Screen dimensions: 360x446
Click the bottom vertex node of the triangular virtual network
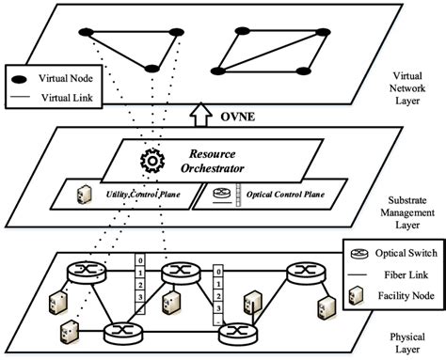(x=150, y=69)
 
